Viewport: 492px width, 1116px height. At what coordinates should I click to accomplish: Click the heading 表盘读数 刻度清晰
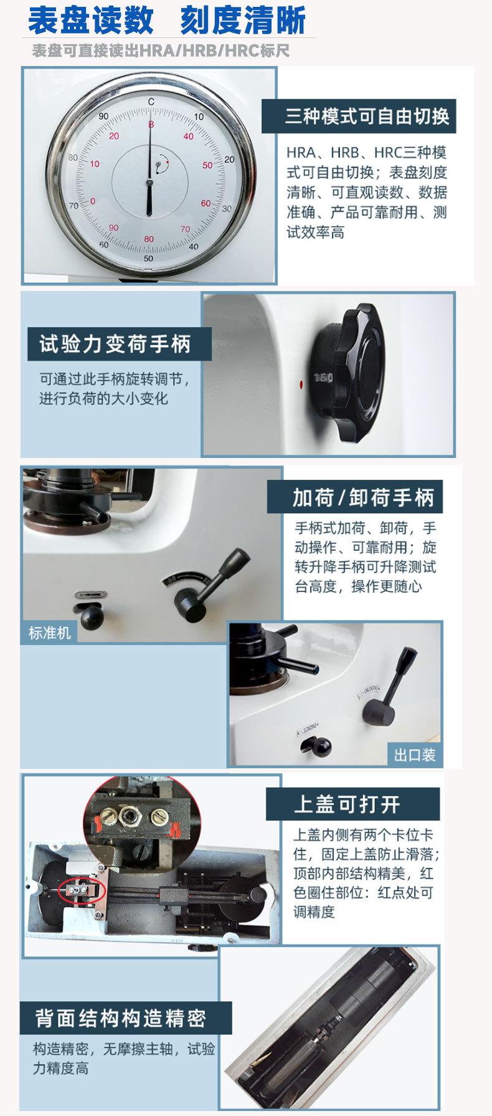coord(167,20)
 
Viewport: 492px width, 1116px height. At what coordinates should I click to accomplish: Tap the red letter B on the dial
coord(150,125)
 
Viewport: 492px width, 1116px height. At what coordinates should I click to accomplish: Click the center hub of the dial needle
coord(149,182)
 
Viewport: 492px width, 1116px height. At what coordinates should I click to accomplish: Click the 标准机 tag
coord(49,634)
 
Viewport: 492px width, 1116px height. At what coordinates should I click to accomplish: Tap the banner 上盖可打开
coord(348,804)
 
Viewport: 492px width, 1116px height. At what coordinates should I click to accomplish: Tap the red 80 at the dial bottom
coord(148,239)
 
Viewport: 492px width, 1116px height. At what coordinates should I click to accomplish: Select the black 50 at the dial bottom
coord(148,258)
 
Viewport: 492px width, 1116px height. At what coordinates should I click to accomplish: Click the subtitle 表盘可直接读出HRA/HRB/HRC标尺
coord(161,50)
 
